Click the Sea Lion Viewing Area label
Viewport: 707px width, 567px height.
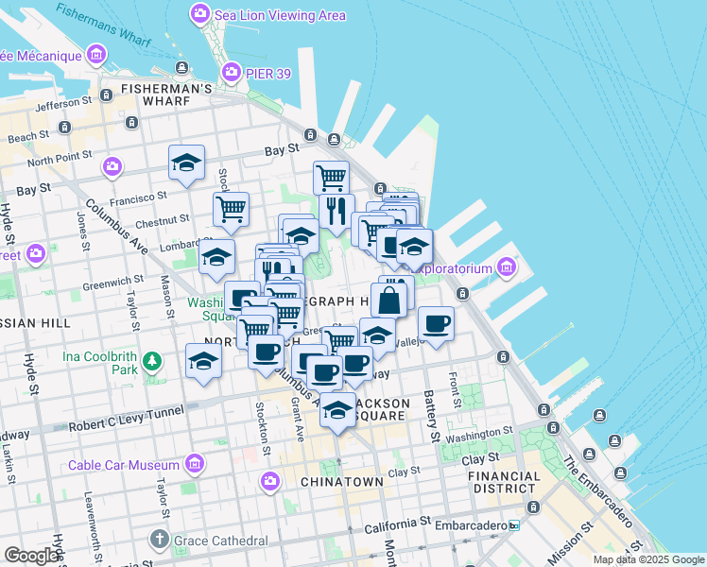(279, 15)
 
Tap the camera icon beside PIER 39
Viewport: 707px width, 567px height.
(230, 72)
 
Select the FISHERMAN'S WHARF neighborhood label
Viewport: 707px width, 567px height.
(165, 90)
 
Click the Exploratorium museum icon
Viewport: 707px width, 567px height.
(506, 268)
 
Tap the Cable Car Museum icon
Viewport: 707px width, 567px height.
(196, 464)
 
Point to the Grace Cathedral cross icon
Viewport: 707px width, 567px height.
(158, 541)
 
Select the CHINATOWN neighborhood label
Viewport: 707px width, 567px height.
(341, 482)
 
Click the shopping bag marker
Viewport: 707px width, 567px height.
(389, 301)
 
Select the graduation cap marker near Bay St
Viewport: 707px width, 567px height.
(187, 162)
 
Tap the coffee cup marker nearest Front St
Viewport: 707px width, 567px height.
(436, 323)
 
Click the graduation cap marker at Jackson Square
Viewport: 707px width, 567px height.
(337, 410)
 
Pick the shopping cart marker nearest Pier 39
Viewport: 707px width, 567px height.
(331, 177)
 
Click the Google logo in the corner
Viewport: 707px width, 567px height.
(31, 555)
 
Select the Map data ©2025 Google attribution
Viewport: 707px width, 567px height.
(648, 559)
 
